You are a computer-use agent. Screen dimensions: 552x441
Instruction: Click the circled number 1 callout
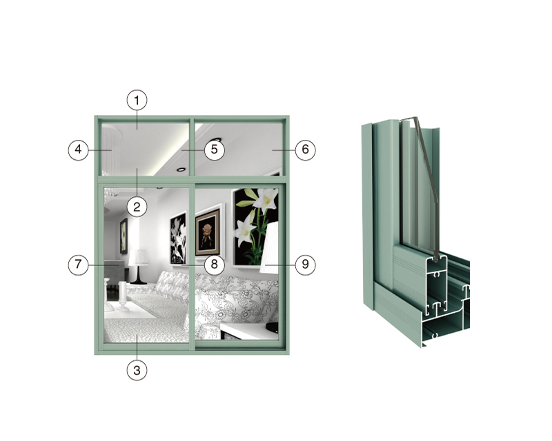pos(137,100)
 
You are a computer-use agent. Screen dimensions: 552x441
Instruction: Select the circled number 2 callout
pos(137,207)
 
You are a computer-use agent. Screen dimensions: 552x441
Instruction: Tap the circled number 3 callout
pos(137,370)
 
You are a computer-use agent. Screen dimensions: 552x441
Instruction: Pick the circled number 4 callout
pos(78,150)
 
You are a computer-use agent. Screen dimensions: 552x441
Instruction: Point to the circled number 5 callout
pos(215,150)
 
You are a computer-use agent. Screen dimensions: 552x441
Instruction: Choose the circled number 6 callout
pos(305,150)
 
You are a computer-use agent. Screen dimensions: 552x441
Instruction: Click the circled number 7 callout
pos(78,265)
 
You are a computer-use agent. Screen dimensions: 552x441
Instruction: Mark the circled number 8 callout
pos(215,265)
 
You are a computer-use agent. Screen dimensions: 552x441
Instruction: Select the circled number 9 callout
pos(305,265)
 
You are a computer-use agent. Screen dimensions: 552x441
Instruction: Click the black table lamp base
pos(139,276)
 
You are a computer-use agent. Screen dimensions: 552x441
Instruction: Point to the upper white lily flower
pos(264,198)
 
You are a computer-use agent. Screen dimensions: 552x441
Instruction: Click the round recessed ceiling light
pos(181,170)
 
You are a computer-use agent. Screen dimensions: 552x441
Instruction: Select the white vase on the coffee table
pos(123,296)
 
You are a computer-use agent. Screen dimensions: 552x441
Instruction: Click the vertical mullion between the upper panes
pos(192,147)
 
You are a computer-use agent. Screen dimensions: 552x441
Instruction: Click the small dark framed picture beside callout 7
pos(124,236)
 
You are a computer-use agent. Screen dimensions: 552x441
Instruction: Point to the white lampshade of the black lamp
pos(139,258)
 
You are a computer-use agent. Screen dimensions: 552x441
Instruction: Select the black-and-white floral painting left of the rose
pos(178,238)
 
